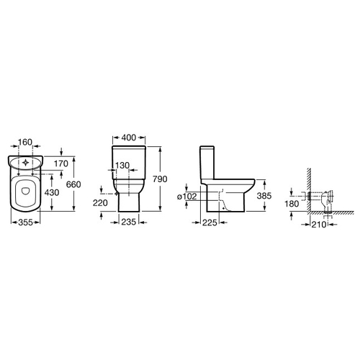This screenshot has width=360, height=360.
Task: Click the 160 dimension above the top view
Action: pyautogui.click(x=25, y=142)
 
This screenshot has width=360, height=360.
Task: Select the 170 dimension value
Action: pyautogui.click(x=61, y=163)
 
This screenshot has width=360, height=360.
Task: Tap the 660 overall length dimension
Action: pyautogui.click(x=73, y=184)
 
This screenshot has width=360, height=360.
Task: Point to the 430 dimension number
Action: pyautogui.click(x=52, y=192)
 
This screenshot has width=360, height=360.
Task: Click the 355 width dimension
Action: pyautogui.click(x=26, y=222)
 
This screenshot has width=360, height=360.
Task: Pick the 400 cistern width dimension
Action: pyautogui.click(x=129, y=138)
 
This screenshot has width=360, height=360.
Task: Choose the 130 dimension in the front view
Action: pyautogui.click(x=122, y=166)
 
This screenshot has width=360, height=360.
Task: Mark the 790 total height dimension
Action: pyautogui.click(x=160, y=179)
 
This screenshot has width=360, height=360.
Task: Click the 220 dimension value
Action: pyautogui.click(x=100, y=203)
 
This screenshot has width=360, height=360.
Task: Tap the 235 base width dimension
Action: pyautogui.click(x=129, y=222)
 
